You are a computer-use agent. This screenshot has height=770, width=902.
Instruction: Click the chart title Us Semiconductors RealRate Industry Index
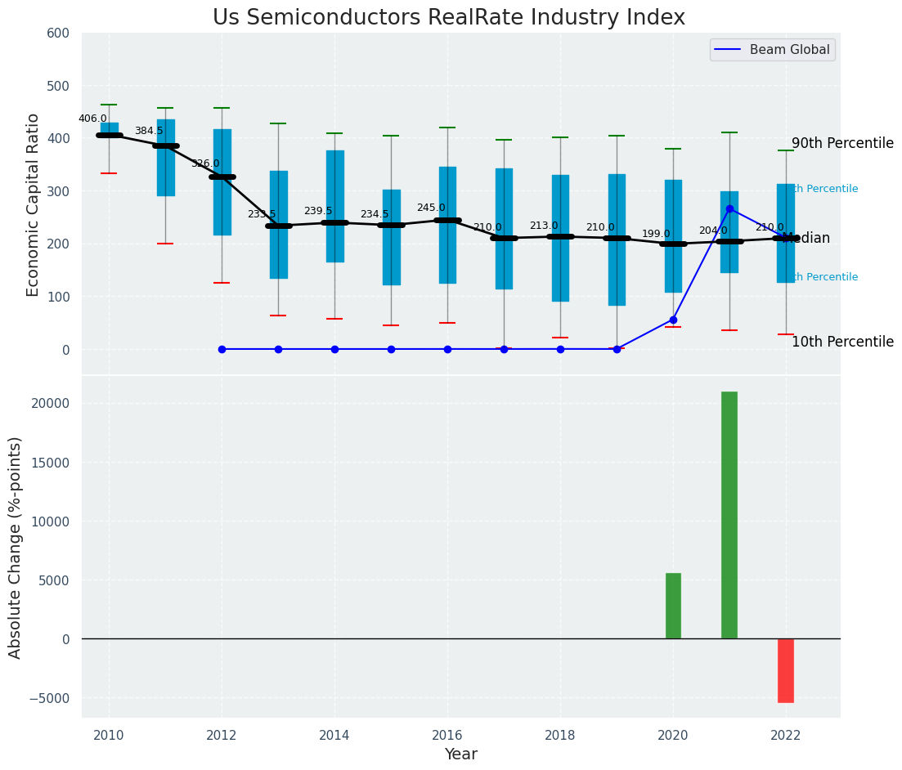pos(449,18)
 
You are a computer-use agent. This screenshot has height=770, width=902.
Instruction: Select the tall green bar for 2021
pos(729,515)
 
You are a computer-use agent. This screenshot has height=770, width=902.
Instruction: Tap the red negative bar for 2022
pos(786,670)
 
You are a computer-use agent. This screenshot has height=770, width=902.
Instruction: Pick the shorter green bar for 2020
pos(673,606)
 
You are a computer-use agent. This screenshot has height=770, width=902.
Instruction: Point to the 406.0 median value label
pos(92,119)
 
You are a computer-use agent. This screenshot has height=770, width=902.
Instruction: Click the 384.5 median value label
pos(149,131)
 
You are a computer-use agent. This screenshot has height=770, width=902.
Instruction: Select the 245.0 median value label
pos(431,208)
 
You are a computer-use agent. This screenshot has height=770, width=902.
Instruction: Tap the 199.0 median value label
pos(656,234)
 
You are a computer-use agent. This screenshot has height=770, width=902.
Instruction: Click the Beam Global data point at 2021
pos(729,208)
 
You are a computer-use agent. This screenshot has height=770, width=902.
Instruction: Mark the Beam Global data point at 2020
pos(673,320)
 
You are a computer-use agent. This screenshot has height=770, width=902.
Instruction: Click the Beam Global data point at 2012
pos(222,349)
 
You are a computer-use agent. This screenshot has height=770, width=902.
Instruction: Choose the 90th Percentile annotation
pos(842,143)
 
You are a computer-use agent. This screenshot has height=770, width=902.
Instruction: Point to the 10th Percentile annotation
pos(842,342)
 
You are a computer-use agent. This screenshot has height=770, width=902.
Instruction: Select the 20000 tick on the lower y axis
pos(51,404)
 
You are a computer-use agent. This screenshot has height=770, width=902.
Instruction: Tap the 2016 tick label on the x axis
pos(447,736)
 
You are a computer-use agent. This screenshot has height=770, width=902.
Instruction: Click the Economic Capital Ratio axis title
pos(33,204)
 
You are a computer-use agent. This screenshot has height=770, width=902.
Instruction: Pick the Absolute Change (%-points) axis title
pos(15,547)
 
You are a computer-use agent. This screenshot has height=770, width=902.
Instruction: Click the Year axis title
pos(461,754)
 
